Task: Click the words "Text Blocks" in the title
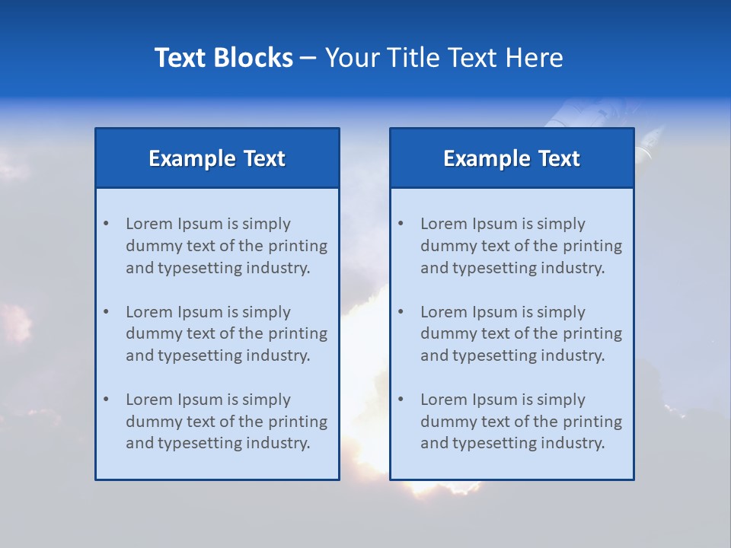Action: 223,58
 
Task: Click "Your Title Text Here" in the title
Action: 444,58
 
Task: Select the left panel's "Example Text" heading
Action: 217,158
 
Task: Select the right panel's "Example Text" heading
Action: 512,158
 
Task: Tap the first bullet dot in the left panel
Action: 106,224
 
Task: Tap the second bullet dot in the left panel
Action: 106,312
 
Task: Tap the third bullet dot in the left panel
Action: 106,400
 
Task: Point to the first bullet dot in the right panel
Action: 401,224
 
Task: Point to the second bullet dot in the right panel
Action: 401,312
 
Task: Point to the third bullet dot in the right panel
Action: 401,400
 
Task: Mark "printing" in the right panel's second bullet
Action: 592,333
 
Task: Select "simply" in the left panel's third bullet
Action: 267,400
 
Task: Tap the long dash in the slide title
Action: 308,59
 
